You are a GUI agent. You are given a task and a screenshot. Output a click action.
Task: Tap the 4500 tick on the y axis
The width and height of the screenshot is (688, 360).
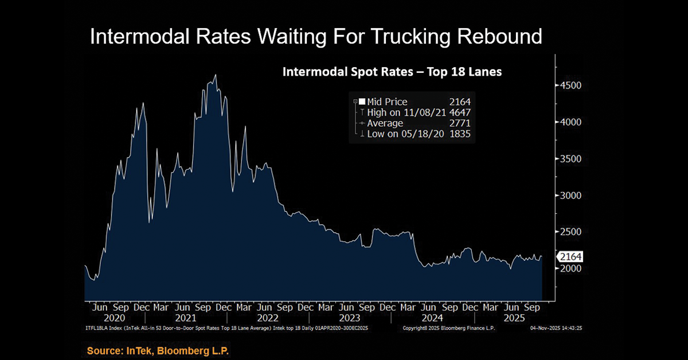coord(570,85)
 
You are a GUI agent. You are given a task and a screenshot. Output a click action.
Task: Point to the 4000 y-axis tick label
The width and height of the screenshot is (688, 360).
coord(570,122)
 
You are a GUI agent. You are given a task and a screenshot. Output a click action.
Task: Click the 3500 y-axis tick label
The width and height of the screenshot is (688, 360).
coord(570,159)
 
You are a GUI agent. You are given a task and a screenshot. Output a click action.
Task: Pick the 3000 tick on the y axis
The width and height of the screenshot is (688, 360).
coord(570,195)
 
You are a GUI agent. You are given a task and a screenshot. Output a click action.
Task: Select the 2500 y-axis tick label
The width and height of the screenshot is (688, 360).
coord(570,232)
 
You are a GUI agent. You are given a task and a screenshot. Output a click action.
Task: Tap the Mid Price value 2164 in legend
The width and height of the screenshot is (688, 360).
coord(459,102)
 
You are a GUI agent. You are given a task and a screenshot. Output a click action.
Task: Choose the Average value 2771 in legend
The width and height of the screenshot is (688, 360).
coord(459,123)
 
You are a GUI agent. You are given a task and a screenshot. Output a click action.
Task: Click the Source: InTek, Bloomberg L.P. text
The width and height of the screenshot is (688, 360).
coord(158,350)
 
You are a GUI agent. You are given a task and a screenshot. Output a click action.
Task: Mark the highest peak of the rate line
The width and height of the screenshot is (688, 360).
coord(215,75)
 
